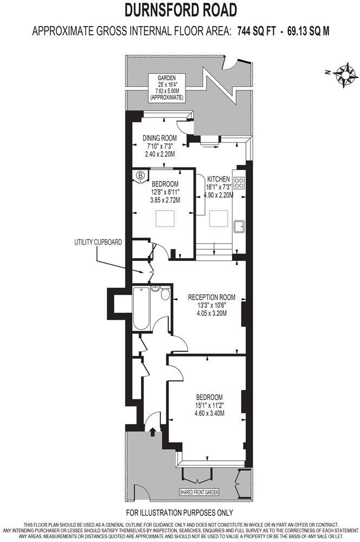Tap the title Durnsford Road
[181, 10]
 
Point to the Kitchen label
[218, 179]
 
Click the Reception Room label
[211, 297]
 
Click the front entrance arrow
[152, 431]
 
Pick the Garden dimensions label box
[167, 88]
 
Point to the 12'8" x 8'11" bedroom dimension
[165, 191]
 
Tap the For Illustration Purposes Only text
[179, 512]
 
